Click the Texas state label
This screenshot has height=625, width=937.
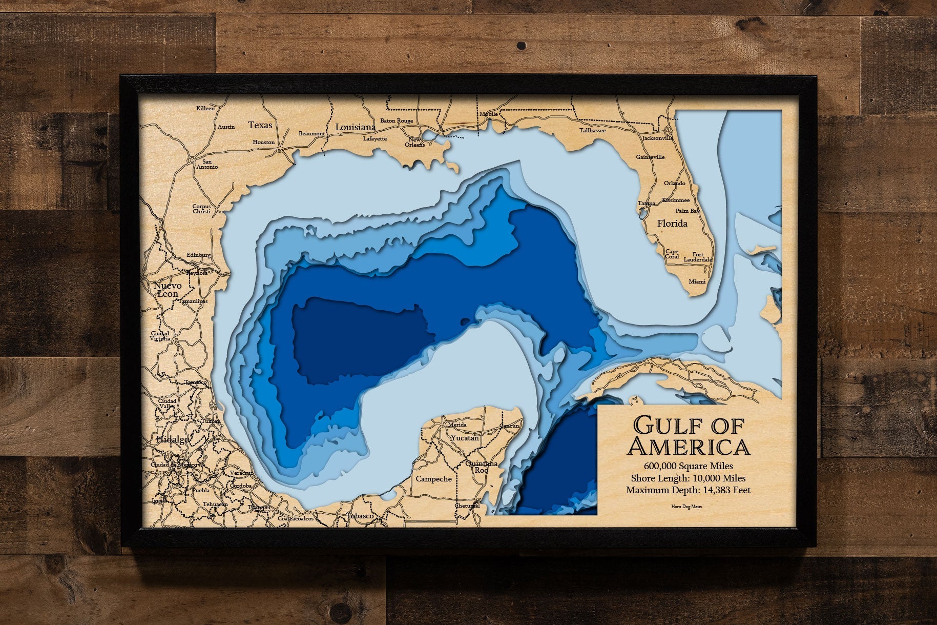click(x=260, y=125)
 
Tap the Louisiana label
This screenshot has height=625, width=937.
click(x=356, y=127)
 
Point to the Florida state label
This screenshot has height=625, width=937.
click(x=672, y=224)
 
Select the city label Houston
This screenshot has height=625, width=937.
click(x=264, y=142)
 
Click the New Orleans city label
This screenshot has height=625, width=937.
click(x=414, y=142)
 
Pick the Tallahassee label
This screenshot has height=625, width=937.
click(x=593, y=130)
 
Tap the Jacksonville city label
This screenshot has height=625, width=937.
click(x=657, y=138)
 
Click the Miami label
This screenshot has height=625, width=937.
click(x=697, y=281)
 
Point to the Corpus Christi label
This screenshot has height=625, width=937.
click(x=201, y=209)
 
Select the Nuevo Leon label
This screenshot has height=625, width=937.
click(x=168, y=290)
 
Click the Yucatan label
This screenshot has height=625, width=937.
click(x=465, y=438)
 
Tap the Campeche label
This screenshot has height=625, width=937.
click(x=433, y=479)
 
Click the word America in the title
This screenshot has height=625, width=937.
click(x=688, y=447)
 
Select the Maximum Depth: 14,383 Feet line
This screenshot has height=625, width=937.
click(x=688, y=490)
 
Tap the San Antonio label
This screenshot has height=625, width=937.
click(x=207, y=164)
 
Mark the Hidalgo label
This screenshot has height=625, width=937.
click(x=173, y=440)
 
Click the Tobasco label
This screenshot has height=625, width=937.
click(x=360, y=515)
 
